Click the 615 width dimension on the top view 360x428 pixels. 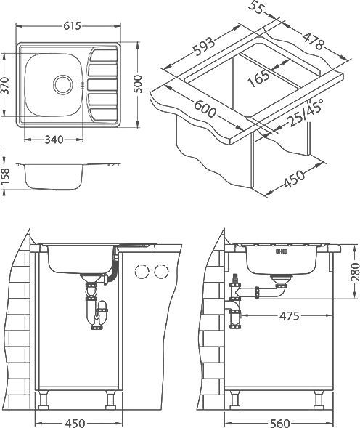[70, 25]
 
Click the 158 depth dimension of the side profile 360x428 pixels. [7, 177]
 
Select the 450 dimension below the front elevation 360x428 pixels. [75, 421]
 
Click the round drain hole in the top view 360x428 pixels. [63, 84]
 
